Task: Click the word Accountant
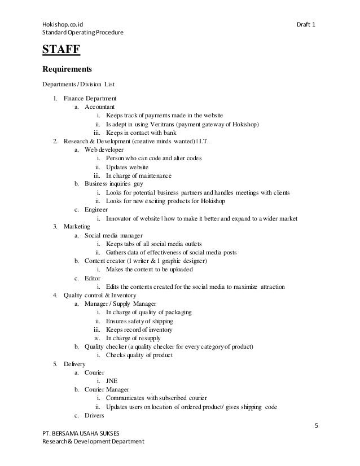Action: point(100,107)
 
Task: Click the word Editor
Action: point(93,278)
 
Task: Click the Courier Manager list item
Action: point(107,389)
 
